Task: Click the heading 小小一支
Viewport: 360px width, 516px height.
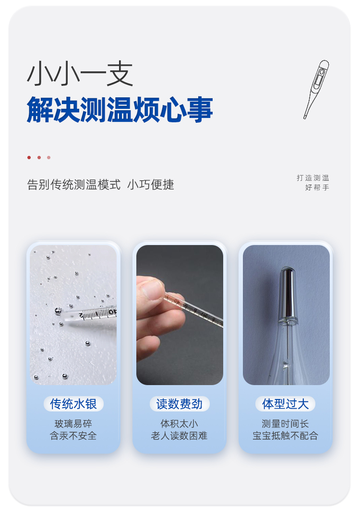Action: pyautogui.click(x=80, y=74)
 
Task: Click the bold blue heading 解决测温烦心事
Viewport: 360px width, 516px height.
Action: pyautogui.click(x=120, y=110)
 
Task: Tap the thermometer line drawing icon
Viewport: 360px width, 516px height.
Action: pyautogui.click(x=316, y=89)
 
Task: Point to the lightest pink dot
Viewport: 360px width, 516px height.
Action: pyautogui.click(x=49, y=158)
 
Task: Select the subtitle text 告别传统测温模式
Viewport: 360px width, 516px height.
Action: pyautogui.click(x=74, y=185)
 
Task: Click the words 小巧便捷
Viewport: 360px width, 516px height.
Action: pyautogui.click(x=151, y=185)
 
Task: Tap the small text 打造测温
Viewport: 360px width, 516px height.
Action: pyautogui.click(x=312, y=178)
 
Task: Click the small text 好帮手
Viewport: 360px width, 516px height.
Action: pyautogui.click(x=317, y=188)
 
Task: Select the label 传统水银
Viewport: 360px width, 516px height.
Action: pyautogui.click(x=73, y=404)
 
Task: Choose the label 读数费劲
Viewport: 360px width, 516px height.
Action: pyautogui.click(x=180, y=404)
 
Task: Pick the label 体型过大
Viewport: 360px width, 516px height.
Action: pyautogui.click(x=285, y=404)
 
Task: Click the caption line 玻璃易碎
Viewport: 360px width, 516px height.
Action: pyautogui.click(x=73, y=423)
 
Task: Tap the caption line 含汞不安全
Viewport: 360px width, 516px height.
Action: pyautogui.click(x=73, y=436)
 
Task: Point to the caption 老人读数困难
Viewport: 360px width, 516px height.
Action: pyautogui.click(x=180, y=436)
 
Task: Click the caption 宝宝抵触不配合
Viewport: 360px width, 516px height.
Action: pyautogui.click(x=285, y=436)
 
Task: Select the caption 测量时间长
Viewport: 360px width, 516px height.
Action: pyautogui.click(x=285, y=423)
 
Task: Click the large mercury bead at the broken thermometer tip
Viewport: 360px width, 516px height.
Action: pyautogui.click(x=58, y=311)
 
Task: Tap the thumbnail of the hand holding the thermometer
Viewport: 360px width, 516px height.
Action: pyautogui.click(x=180, y=315)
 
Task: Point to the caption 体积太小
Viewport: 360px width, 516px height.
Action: pyautogui.click(x=180, y=423)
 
